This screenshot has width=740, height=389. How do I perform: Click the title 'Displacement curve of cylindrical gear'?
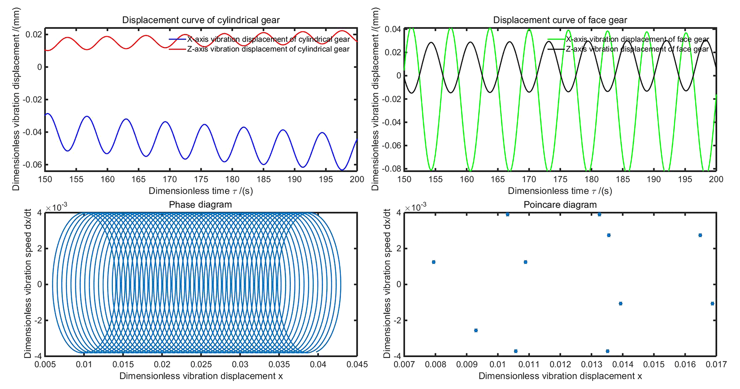click(201, 20)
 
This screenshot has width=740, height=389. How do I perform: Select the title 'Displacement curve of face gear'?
click(560, 20)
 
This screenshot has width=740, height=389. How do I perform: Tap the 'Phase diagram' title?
click(200, 205)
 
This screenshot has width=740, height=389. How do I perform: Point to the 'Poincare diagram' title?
click(560, 205)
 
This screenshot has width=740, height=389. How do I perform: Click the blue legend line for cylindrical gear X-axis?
click(177, 39)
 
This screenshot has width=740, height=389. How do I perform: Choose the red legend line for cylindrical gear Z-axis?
click(177, 49)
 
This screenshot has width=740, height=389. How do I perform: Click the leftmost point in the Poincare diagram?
click(434, 262)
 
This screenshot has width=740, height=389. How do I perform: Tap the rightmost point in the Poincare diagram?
click(712, 303)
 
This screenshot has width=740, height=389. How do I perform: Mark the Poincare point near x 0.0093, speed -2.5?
click(476, 330)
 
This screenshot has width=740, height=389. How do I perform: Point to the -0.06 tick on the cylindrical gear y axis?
click(32, 165)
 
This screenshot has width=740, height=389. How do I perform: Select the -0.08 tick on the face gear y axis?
click(391, 169)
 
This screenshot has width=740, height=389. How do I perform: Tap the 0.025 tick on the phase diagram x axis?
click(201, 365)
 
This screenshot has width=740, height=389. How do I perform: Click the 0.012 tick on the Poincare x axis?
click(560, 365)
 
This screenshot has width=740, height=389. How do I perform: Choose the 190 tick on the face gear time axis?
click(654, 179)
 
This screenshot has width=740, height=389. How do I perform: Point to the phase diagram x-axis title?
click(201, 376)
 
